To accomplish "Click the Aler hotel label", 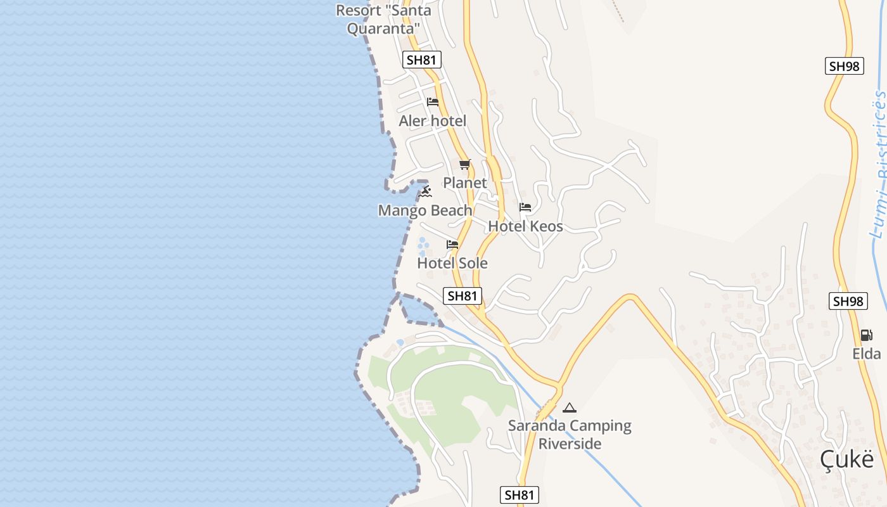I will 432,120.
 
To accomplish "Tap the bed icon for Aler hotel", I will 433,101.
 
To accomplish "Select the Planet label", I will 465,183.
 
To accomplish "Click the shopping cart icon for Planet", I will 465,165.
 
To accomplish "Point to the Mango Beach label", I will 425,210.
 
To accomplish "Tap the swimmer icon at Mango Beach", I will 425,191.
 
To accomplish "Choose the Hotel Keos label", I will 525,226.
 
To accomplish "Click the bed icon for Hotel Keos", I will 525,207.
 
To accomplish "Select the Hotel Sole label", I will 452,263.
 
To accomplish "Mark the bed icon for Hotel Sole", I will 452,245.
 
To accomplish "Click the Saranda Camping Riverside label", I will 570,434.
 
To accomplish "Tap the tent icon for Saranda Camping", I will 570,408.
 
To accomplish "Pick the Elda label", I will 867,354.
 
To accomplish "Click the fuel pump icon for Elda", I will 866,335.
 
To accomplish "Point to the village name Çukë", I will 847,458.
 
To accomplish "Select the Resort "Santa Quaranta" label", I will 383,20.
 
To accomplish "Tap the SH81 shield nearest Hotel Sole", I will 463,295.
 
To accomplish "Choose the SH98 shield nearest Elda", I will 848,301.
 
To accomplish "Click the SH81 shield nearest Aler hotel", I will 422,60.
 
